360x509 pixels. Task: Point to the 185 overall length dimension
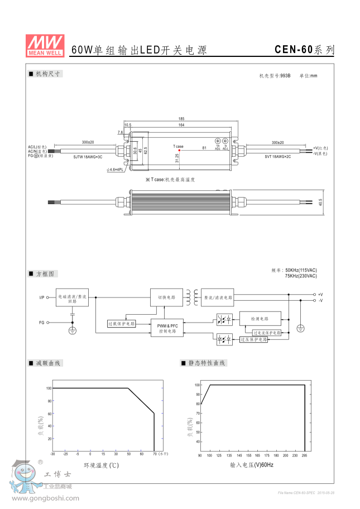pyautogui.click(x=181, y=119)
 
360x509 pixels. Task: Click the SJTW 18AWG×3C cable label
pyautogui.click(x=88, y=157)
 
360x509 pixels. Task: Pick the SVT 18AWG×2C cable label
pyautogui.click(x=277, y=157)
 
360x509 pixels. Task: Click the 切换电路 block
pyautogui.click(x=166, y=297)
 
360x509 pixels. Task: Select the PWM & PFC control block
pyautogui.click(x=166, y=328)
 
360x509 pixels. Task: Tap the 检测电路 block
pyautogui.click(x=259, y=319)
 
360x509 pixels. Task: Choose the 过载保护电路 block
pyautogui.click(x=121, y=324)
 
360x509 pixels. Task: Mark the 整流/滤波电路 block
pyautogui.click(x=218, y=297)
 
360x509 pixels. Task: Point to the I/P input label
pyautogui.click(x=42, y=297)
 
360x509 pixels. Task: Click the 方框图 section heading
pyautogui.click(x=46, y=274)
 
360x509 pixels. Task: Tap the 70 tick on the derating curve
pyautogui.click(x=154, y=454)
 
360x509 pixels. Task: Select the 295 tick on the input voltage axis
pyautogui.click(x=305, y=455)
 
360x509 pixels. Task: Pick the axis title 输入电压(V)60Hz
pyautogui.click(x=252, y=465)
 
